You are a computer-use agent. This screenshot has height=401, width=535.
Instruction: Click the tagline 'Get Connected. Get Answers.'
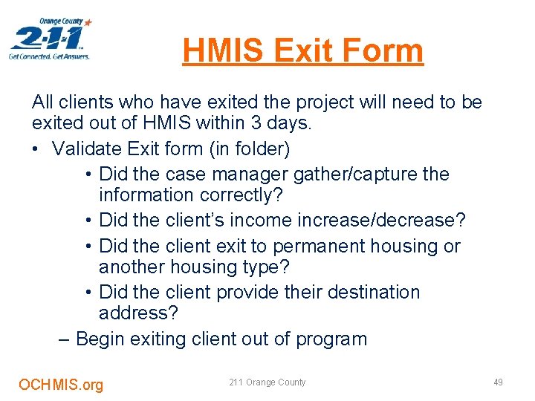point(49,56)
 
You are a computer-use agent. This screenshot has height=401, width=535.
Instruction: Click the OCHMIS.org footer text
point(61,384)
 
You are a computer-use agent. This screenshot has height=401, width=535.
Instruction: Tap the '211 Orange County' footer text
point(267,382)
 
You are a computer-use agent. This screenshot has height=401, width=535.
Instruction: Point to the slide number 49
point(498,382)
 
